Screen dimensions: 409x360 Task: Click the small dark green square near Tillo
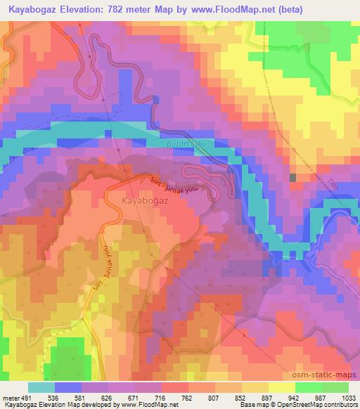293,178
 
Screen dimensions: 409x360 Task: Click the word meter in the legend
10,398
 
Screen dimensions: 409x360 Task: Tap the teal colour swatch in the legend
41,387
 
